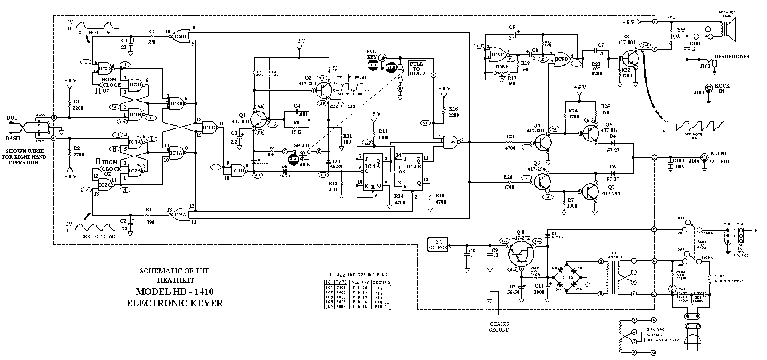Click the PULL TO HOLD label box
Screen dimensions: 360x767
tap(417, 69)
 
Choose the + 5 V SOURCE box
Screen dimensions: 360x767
tap(438, 244)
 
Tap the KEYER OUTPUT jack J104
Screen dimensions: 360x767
tap(704, 157)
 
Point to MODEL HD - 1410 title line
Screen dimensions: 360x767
tap(175, 292)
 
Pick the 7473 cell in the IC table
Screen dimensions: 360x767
tap(341, 302)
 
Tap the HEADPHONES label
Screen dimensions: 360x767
tap(731, 56)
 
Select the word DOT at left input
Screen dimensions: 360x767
tap(12, 118)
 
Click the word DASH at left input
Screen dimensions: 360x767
tap(13, 138)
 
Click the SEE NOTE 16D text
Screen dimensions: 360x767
tap(98, 236)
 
